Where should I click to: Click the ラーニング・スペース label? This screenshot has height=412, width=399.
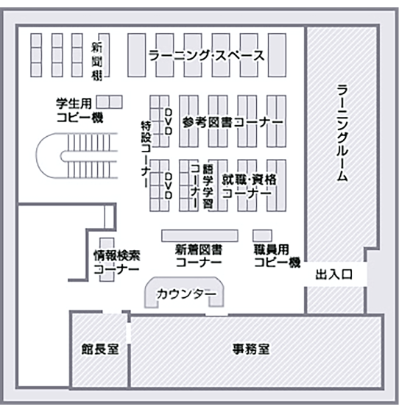click(x=207, y=55)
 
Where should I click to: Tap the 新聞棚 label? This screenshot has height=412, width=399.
click(x=96, y=61)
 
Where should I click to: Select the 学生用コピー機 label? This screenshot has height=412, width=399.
click(x=79, y=110)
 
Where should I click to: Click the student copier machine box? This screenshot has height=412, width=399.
click(x=110, y=102)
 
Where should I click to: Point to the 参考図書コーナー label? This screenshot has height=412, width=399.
click(x=233, y=122)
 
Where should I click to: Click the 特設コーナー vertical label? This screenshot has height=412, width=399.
click(x=146, y=154)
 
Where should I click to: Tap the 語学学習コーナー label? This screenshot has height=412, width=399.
click(x=202, y=186)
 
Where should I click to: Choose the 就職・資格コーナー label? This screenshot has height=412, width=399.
click(x=249, y=186)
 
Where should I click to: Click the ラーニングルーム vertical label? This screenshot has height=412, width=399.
click(x=342, y=133)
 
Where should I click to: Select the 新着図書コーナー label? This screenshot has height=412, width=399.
click(x=199, y=256)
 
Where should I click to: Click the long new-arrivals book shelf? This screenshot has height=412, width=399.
click(x=199, y=235)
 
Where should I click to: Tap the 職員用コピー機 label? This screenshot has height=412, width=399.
click(x=277, y=256)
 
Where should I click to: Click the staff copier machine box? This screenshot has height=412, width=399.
click(x=262, y=235)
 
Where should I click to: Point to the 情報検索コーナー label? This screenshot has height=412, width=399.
click(x=117, y=262)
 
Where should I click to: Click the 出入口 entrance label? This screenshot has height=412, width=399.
click(x=333, y=275)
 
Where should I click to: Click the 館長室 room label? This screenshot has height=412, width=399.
click(x=100, y=349)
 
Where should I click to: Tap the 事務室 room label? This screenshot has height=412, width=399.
click(x=251, y=349)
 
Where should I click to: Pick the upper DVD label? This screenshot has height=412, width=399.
click(x=169, y=121)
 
